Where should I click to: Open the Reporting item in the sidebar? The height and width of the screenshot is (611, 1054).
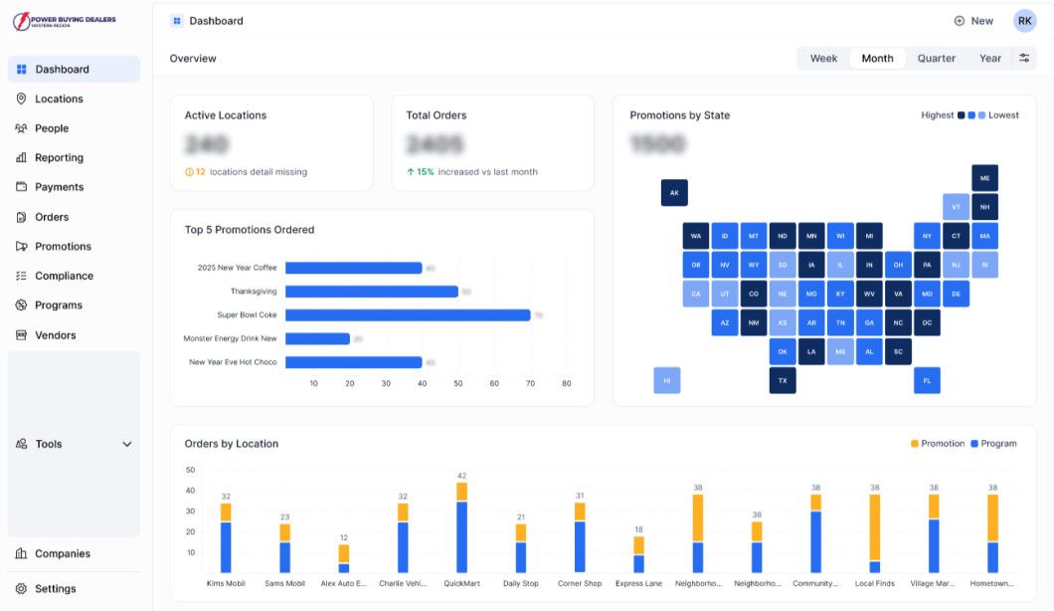point(59,157)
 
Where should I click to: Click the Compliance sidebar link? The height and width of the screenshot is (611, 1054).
point(64,276)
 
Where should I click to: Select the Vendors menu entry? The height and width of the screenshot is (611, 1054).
point(55,335)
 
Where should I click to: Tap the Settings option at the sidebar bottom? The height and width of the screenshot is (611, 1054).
point(55,588)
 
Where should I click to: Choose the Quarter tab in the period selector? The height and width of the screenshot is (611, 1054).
point(936,59)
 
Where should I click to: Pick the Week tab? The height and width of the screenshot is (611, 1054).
point(823,59)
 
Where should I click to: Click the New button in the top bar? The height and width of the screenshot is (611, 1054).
point(973,21)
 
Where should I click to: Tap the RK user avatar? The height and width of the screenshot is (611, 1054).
point(1024,21)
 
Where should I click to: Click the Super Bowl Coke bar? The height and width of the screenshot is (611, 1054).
point(408,314)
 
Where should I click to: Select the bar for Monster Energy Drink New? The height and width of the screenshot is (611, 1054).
point(317,338)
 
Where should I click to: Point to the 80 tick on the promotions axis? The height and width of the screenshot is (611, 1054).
point(566,383)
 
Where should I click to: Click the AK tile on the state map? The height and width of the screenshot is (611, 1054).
point(674,193)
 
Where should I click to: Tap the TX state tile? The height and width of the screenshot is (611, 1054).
point(783,380)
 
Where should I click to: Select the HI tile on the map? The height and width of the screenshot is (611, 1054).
point(667,380)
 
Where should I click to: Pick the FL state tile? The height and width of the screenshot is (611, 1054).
point(927,380)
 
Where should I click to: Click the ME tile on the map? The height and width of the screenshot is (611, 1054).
point(984,179)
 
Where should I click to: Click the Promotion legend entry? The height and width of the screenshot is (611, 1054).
point(937,444)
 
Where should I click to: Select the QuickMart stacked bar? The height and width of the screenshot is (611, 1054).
point(461,527)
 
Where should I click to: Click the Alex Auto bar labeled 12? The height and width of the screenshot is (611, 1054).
point(344,558)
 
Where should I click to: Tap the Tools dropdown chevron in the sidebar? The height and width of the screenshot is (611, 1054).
point(127,445)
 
